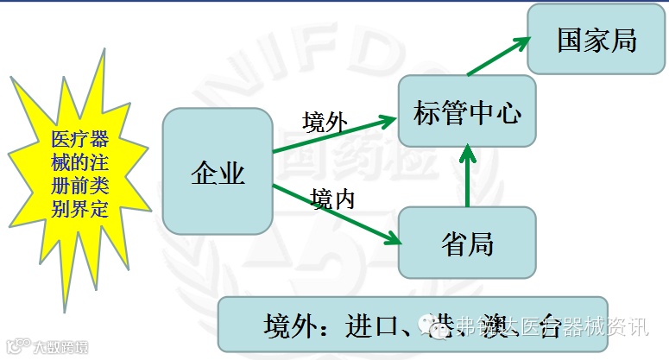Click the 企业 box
(218, 171)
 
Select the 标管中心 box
(467, 111)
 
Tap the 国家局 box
(596, 40)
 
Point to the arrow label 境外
(325, 122)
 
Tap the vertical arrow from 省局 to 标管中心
(467, 177)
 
